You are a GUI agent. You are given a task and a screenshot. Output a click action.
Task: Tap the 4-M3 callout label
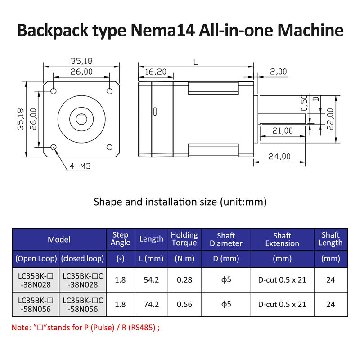[x=80, y=166]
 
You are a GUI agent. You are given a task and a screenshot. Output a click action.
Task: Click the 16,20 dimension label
[x=156, y=72]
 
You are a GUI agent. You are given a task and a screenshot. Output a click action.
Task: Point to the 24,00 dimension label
[x=279, y=157]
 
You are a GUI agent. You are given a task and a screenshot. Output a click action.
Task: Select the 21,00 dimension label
[x=282, y=130]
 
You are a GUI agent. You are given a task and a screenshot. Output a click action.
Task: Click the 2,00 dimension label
[x=279, y=72]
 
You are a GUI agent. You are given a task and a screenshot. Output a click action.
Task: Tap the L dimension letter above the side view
[x=195, y=63]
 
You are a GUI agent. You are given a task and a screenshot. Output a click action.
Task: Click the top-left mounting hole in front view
[x=54, y=91]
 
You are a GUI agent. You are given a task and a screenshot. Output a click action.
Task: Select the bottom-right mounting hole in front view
[x=109, y=147]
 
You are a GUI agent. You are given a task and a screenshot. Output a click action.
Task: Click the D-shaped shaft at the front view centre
[x=81, y=120]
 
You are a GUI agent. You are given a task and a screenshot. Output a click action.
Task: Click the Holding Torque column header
[x=184, y=239]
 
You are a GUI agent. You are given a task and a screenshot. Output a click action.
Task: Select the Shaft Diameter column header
[x=226, y=239]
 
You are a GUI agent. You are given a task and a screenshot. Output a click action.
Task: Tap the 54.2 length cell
[x=151, y=280]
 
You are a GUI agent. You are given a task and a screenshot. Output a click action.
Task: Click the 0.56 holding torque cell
[x=184, y=304]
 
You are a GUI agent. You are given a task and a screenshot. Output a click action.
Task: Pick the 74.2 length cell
[x=151, y=304]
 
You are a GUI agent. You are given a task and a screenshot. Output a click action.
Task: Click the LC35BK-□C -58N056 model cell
[x=83, y=304]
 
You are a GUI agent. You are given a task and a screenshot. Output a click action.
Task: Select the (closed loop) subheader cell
[x=83, y=259]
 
